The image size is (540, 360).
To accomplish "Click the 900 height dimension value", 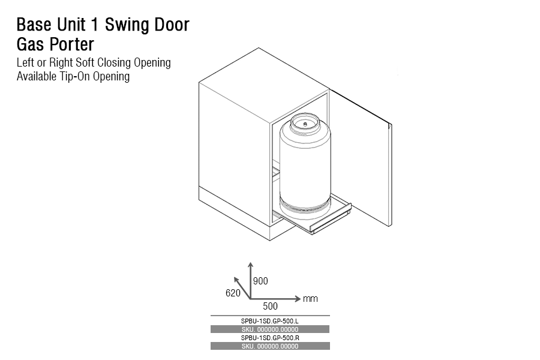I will point(260,281).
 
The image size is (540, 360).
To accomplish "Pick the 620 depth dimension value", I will point(233,293).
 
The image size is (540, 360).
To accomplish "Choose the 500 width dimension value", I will point(271,306).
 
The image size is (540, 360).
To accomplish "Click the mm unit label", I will point(310,298).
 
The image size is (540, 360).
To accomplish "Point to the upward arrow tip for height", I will point(250,263).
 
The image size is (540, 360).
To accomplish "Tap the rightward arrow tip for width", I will point(298,298).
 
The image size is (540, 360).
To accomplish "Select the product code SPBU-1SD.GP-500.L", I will point(270,321).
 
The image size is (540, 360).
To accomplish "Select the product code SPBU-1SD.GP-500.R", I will point(270,338).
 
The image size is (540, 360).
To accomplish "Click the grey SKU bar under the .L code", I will point(270,329).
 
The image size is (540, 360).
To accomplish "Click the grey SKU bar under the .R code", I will point(270,346).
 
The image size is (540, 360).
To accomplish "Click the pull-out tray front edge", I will point(331,221).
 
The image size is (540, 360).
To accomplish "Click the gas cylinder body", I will point(305,168).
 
